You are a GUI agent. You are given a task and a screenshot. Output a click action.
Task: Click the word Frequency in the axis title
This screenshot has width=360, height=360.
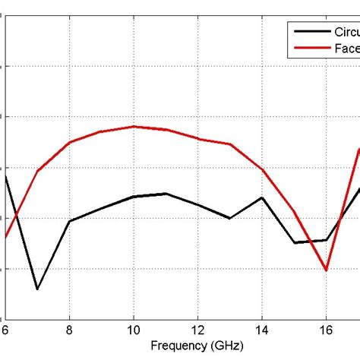176,346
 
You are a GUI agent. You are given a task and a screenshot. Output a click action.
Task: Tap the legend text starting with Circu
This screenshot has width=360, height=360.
342,32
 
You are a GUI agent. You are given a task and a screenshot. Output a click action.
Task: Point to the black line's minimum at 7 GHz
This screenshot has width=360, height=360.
37,289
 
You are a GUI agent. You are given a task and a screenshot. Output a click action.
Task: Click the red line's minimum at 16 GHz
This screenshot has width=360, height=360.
326,270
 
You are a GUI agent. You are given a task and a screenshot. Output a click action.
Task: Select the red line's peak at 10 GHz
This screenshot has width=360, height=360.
134,126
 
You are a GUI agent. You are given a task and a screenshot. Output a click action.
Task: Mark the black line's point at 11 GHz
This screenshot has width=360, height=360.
166,194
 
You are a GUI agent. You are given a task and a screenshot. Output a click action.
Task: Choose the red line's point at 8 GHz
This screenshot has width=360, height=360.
70,142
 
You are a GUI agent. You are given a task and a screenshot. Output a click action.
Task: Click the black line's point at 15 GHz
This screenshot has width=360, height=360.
294,243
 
